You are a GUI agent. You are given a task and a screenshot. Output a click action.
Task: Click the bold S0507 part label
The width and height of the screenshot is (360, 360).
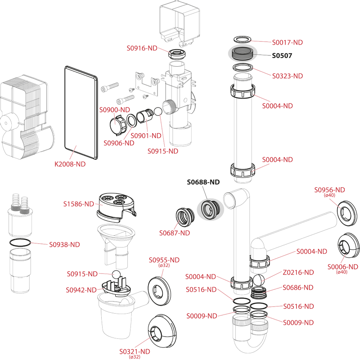(x=282, y=55)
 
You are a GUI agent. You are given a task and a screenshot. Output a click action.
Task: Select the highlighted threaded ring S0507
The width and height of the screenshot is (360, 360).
(x=243, y=54)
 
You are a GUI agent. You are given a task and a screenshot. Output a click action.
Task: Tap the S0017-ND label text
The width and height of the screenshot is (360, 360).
(x=287, y=42)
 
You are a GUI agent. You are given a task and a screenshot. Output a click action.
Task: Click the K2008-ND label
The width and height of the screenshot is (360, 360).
(x=70, y=164)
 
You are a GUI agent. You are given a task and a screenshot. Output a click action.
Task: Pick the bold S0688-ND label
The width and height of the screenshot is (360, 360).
(x=203, y=182)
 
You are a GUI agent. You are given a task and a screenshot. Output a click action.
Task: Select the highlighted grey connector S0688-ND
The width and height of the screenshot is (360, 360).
(x=211, y=209)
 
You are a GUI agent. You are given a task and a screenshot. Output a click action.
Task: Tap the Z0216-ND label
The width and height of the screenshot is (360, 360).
(x=298, y=273)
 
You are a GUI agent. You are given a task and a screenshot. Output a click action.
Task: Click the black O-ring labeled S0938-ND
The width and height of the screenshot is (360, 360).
(x=20, y=243)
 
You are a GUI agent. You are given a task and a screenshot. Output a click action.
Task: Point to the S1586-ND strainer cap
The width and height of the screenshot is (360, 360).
(x=116, y=208)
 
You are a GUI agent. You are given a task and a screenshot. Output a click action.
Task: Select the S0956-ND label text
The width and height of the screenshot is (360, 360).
(x=329, y=190)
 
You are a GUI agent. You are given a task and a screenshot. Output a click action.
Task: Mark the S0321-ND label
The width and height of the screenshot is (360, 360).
(x=135, y=351)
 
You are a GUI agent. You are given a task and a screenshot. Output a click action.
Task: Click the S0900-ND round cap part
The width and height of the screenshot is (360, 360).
(x=117, y=126)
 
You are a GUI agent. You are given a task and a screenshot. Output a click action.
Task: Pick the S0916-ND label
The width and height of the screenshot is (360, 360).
(x=142, y=48)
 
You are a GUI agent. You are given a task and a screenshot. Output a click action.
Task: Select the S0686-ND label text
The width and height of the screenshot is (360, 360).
(x=298, y=288)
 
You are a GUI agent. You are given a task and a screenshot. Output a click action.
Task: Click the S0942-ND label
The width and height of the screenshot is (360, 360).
(x=81, y=290)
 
